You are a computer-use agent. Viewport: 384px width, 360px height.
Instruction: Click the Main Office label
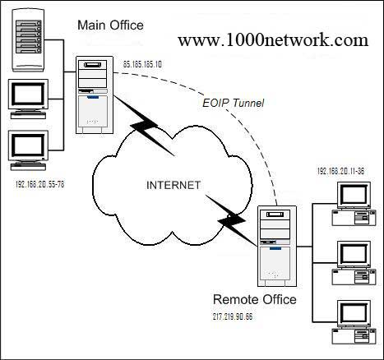[110, 25]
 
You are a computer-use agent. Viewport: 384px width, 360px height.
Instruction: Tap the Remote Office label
[255, 299]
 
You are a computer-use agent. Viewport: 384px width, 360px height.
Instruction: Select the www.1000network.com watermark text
[273, 40]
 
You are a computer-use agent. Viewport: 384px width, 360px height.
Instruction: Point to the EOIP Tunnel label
[233, 103]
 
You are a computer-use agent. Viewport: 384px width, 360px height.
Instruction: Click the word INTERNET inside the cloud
[173, 185]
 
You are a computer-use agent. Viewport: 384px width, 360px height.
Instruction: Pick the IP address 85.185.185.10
[142, 64]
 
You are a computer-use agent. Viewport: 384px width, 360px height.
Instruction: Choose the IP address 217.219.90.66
[233, 316]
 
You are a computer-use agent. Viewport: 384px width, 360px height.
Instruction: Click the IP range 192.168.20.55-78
[39, 184]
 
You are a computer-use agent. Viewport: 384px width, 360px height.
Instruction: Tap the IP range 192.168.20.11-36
[340, 171]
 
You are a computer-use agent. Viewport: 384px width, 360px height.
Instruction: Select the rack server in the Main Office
[28, 40]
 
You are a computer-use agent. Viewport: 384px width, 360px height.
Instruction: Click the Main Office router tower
[95, 95]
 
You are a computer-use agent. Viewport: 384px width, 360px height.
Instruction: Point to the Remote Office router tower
[277, 247]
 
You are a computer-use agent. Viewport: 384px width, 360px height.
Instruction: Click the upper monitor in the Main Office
[28, 99]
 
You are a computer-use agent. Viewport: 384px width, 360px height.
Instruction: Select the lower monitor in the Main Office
[28, 150]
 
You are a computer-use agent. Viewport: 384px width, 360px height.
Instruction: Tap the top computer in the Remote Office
[354, 204]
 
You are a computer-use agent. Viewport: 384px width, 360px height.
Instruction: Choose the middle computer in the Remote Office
[354, 263]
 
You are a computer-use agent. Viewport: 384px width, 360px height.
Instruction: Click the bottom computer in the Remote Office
[354, 322]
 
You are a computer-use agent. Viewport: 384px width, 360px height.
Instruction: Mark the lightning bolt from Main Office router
[146, 126]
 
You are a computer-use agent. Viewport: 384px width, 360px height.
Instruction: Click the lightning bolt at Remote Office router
[231, 219]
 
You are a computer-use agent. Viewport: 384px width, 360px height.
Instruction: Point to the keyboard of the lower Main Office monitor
[28, 167]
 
